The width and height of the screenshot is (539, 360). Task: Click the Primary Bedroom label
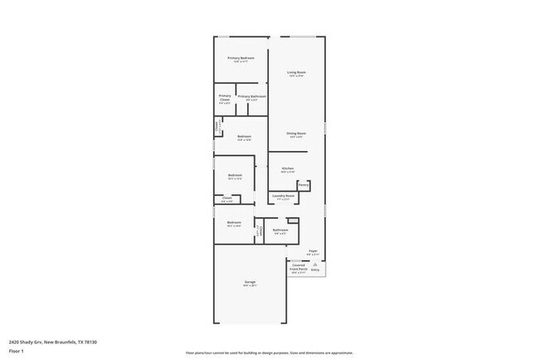pos(240,57)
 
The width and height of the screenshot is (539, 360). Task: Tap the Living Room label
pos(297,73)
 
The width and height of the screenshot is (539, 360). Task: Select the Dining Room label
pos(297,133)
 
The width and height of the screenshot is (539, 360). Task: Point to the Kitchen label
pos(288,168)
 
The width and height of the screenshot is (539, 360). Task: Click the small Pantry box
pos(304,186)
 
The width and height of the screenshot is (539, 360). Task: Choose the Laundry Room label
pos(284,197)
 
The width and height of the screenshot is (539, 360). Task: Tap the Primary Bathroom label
pos(252,97)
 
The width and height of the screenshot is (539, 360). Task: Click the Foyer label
pos(313,250)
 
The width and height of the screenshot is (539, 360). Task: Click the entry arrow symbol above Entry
pos(315,263)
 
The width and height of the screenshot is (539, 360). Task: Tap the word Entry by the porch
pos(315,270)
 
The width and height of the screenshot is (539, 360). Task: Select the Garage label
pos(250,282)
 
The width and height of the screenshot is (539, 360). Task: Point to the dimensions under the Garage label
pos(250,286)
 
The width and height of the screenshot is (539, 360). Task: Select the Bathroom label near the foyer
pos(281,230)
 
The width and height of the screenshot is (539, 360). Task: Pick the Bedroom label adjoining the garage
pos(233,222)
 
